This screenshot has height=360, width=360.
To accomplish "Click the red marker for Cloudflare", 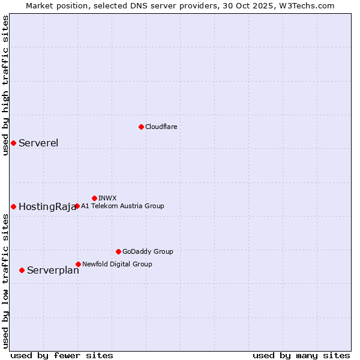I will coord(141,127).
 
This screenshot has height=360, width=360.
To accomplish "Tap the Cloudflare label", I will coord(161,127).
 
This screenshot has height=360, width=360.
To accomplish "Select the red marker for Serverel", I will coord(13,143).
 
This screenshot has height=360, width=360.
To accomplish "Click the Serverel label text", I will coord(38,143).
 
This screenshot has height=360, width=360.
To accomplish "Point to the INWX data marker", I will coord(94,198).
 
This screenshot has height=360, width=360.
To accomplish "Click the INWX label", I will coord(107,198).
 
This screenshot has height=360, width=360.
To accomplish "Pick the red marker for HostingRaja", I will coord(13,206).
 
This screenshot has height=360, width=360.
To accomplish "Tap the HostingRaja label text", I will coord(47,207).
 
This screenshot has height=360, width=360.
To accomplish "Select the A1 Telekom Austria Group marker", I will coord(77,206).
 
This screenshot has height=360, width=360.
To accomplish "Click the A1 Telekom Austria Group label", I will coord(122,206).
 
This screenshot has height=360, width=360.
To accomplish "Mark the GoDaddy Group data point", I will coord(118,251).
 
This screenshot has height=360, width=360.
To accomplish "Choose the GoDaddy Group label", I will coord(148,251).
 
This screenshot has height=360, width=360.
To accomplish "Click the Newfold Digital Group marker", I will coord(78,264).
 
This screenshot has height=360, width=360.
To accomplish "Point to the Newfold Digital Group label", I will coord(117,264).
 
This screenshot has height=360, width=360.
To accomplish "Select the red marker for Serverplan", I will coord(22,270).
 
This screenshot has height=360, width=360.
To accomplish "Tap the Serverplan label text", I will coord(53,271).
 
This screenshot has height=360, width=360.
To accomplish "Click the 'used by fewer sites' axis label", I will coord(62,355).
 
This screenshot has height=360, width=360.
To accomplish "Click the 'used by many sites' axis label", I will coord(301,355).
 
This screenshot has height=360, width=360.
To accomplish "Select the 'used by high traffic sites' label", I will coord(5,85).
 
